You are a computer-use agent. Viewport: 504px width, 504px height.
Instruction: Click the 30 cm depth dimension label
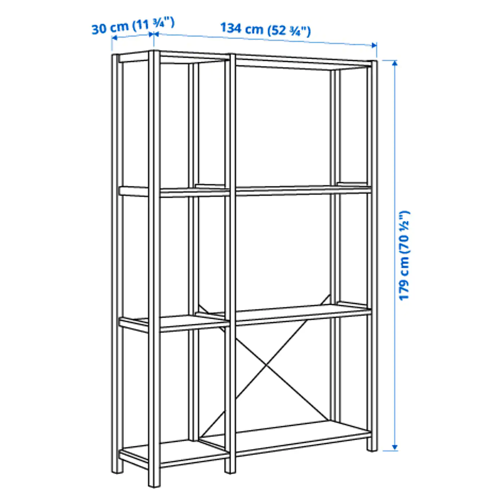click(132, 26)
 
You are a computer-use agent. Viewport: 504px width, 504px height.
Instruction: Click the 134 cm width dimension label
click(265, 29)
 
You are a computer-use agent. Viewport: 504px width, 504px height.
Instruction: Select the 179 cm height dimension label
click(404, 255)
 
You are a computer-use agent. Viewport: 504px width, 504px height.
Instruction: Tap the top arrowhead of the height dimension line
click(395, 63)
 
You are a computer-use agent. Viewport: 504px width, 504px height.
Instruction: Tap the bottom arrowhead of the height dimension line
click(395, 447)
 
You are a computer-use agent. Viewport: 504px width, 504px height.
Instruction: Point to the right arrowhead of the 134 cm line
click(374, 45)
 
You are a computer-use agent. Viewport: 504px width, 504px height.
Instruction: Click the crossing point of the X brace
click(266, 366)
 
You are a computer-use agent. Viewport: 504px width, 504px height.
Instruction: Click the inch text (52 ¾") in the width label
click(289, 31)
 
